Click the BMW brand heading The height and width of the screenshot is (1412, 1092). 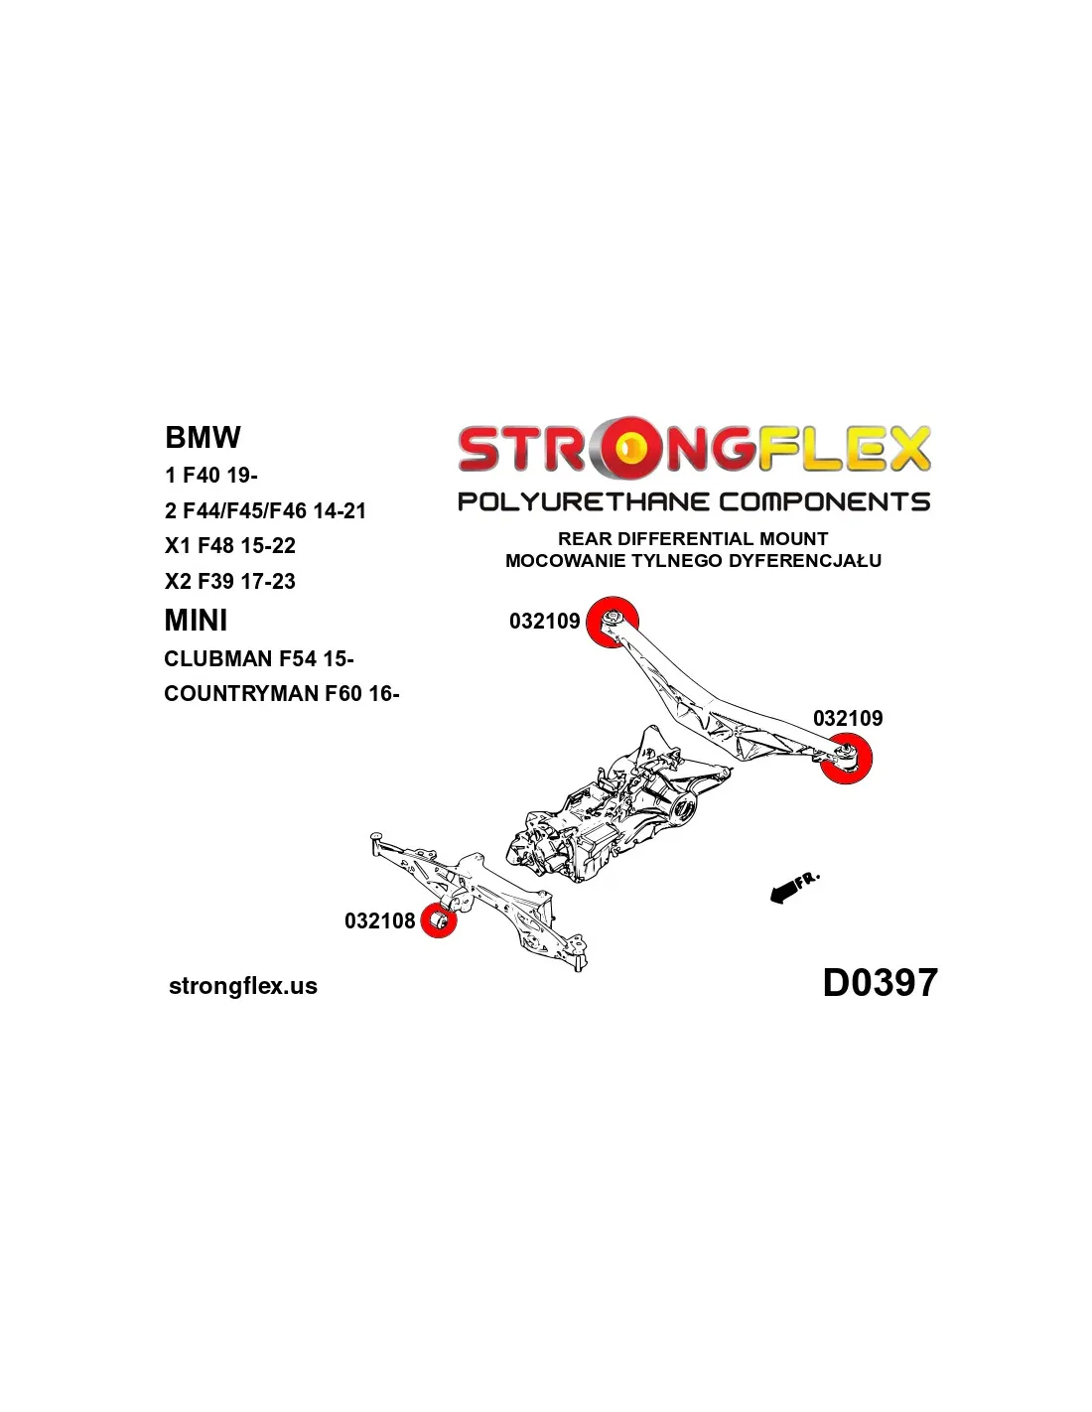pyautogui.click(x=203, y=437)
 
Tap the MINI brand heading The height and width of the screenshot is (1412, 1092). pyautogui.click(x=196, y=620)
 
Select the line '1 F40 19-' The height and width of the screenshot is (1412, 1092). pyautogui.click(x=211, y=475)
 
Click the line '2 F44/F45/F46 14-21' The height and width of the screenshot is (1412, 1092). pyautogui.click(x=265, y=510)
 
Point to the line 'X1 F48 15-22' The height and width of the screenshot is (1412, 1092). pyautogui.click(x=230, y=545)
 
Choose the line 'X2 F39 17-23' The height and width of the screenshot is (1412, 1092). pyautogui.click(x=230, y=580)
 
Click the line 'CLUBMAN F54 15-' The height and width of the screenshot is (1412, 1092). pyautogui.click(x=258, y=658)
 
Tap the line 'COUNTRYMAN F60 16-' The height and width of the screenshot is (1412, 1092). pyautogui.click(x=281, y=693)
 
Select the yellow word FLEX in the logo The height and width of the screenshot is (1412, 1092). pyautogui.click(x=845, y=448)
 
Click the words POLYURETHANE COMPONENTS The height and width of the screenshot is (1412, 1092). pyautogui.click(x=694, y=501)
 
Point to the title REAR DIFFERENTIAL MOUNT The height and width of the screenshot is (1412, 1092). pyautogui.click(x=693, y=538)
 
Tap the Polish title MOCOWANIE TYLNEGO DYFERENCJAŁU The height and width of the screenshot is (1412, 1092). pyautogui.click(x=693, y=560)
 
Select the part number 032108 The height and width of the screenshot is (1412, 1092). pyautogui.click(x=379, y=920)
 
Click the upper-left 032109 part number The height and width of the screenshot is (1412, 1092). pyautogui.click(x=544, y=621)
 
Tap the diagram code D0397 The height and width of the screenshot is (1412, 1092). pyautogui.click(x=881, y=982)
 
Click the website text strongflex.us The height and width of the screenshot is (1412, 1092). pyautogui.click(x=243, y=986)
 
